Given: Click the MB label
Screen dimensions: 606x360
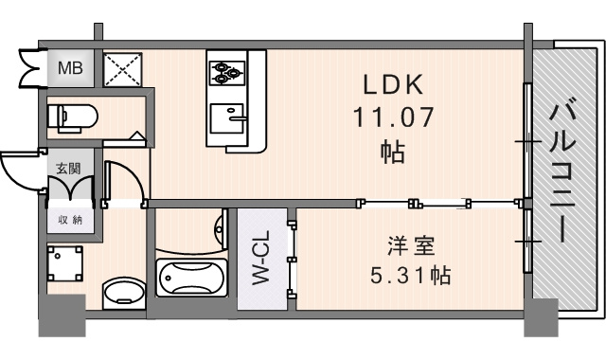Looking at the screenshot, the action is tap(70, 68).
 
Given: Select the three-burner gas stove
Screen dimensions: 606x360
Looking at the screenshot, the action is tap(227, 73).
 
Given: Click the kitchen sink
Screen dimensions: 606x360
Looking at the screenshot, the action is tap(228, 117).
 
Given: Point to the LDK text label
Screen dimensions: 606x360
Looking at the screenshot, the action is tap(393, 84).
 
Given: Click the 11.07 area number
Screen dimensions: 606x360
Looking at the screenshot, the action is tap(393, 117).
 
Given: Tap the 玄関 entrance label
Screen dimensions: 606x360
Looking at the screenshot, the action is tap(68, 169).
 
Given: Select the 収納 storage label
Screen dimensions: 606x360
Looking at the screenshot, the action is tap(70, 220).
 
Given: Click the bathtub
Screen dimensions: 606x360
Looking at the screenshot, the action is tap(191, 278).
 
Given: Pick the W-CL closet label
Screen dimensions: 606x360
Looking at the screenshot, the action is tap(261, 258).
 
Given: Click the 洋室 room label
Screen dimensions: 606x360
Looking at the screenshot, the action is tap(411, 246).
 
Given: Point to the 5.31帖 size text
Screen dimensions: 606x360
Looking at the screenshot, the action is tap(410, 276).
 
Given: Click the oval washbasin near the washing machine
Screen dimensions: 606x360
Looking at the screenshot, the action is tap(124, 294).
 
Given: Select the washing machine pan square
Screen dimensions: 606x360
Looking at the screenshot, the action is tap(65, 263).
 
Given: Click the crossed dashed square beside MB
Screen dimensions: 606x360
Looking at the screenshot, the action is tap(123, 69).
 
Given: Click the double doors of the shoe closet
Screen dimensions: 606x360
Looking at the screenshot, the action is tap(70, 189).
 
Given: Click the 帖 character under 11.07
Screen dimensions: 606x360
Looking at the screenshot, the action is tap(393, 152).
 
